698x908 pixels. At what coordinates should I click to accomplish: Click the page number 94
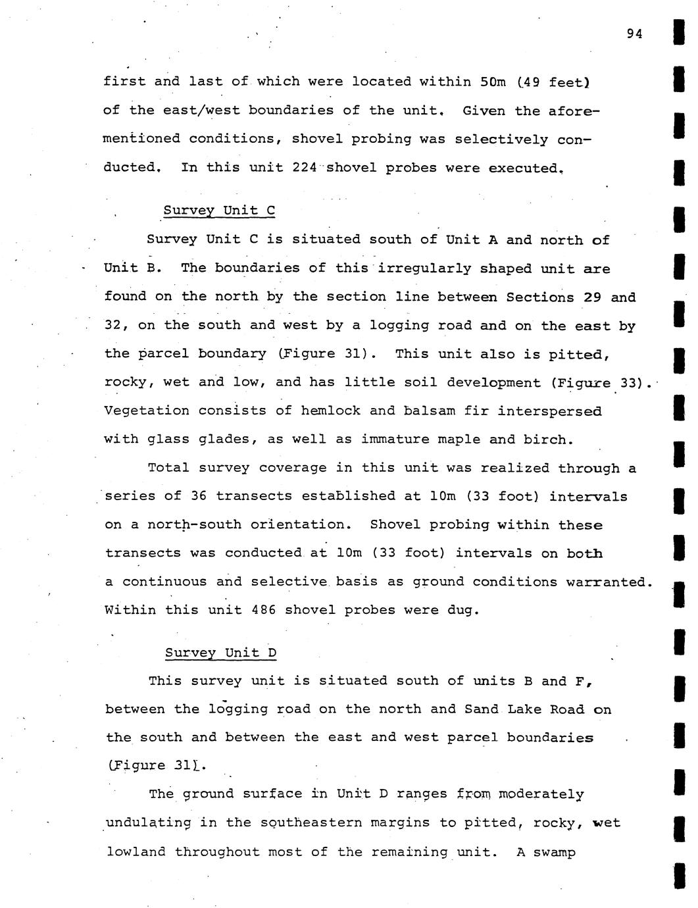tap(634, 34)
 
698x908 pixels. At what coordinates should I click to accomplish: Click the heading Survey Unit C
tap(219, 211)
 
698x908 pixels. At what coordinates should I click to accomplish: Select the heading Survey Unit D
tap(220, 653)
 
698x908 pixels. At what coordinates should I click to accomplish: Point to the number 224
tap(305, 167)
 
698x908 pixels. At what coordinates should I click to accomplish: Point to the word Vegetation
tap(147, 411)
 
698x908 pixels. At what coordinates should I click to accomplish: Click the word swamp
tap(555, 852)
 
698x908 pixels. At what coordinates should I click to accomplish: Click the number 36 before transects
tap(199, 496)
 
